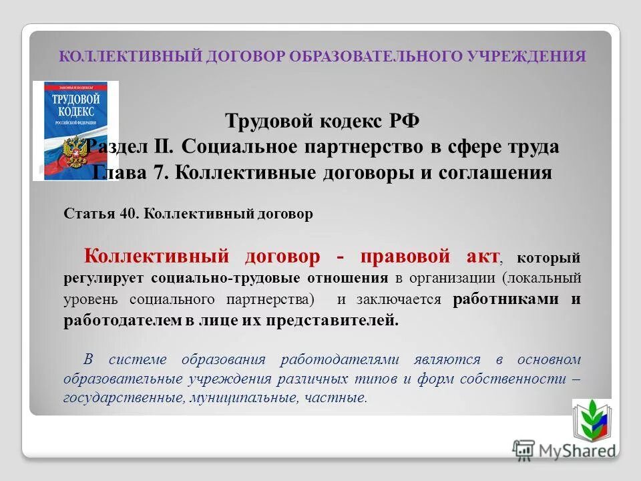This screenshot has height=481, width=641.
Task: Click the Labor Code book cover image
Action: click(x=75, y=130)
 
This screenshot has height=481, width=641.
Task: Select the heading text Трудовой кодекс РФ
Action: click(x=323, y=122)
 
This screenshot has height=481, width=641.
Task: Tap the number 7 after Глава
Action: click(x=165, y=173)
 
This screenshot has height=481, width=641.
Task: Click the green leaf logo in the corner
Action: click(x=591, y=420)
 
